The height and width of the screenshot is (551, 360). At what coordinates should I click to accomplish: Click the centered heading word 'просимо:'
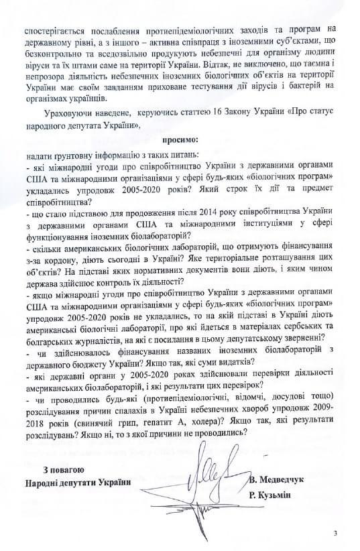(x=180, y=141)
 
